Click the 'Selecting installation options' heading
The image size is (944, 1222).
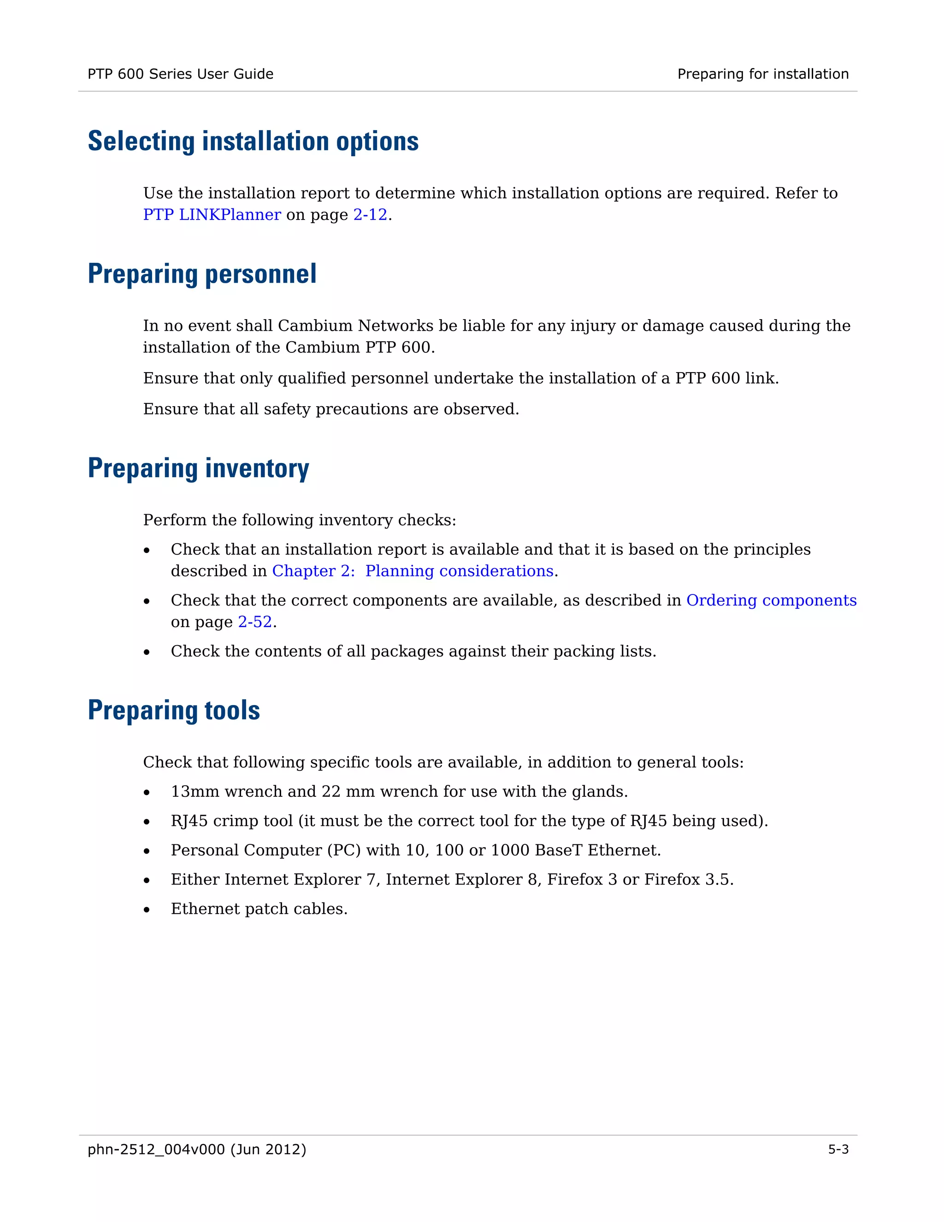253,141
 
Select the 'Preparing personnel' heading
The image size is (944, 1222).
202,274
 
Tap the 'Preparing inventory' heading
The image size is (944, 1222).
199,469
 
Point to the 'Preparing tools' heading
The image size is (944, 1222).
174,711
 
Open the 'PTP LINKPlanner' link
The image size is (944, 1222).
212,215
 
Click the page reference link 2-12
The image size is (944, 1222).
370,215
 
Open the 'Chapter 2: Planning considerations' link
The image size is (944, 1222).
413,571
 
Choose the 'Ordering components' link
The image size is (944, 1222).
771,600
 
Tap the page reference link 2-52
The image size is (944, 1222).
255,622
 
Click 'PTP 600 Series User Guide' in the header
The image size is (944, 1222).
180,74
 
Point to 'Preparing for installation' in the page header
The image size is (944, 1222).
763,74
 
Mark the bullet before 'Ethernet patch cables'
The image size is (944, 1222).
147,909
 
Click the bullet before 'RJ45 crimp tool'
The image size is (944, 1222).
147,821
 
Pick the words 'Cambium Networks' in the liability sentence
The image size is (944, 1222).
355,326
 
